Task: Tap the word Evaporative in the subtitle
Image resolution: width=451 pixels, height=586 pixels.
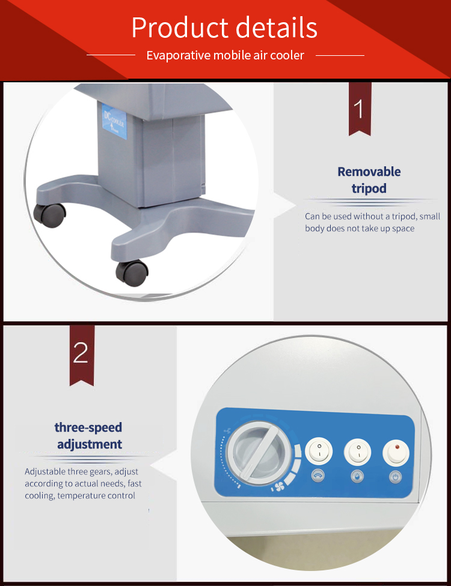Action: (179, 55)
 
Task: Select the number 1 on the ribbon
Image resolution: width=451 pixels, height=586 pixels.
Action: (359, 109)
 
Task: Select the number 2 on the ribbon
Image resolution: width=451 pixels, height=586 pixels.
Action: (81, 353)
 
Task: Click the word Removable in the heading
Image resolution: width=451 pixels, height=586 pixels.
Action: (369, 172)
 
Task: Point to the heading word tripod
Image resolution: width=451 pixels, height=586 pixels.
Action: (369, 189)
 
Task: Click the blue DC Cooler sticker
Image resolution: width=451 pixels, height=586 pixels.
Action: (114, 121)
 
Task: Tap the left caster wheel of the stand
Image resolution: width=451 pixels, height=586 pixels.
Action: (49, 215)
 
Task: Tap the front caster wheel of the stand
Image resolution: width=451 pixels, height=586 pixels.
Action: (132, 273)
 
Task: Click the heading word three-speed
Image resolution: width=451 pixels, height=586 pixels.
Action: (88, 427)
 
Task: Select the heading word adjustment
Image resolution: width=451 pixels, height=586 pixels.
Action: (90, 444)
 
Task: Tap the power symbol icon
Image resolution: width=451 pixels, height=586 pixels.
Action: (396, 477)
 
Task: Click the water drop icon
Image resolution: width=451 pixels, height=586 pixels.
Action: (357, 477)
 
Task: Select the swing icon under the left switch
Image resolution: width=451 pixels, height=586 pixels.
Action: (318, 476)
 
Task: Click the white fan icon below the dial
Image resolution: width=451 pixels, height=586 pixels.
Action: (278, 487)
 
